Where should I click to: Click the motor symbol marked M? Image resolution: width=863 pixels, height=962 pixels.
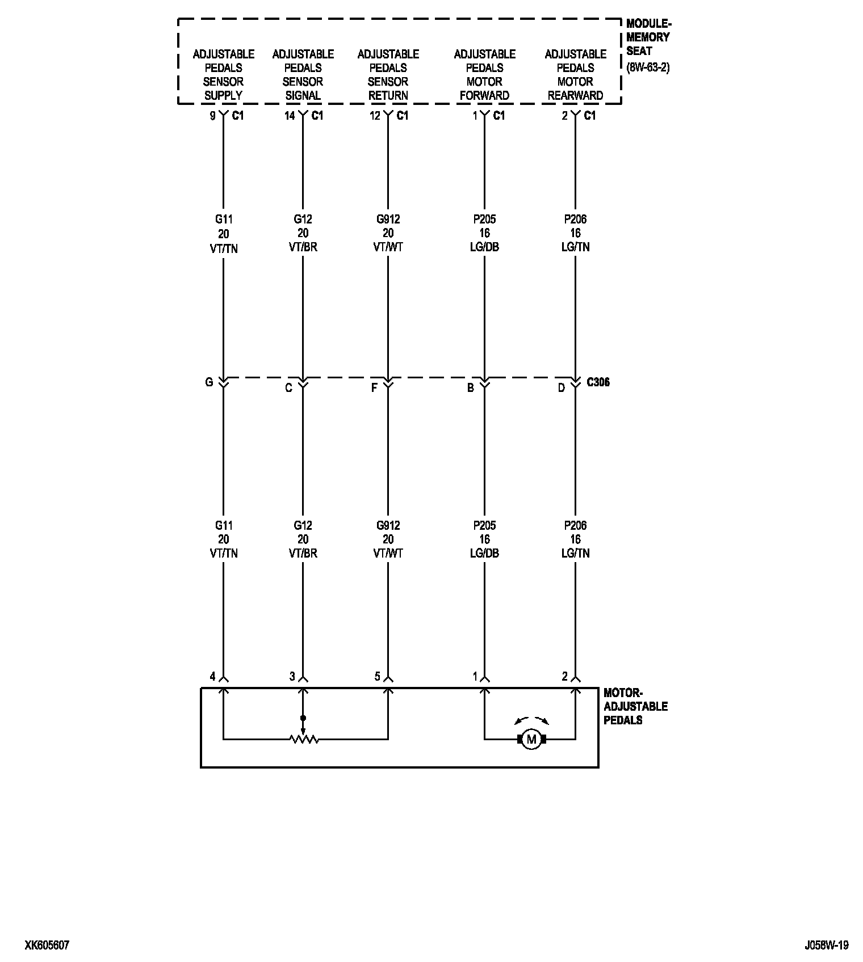click(531, 739)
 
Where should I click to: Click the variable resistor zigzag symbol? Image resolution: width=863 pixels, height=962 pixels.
click(303, 739)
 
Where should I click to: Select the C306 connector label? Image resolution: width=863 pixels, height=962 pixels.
click(598, 382)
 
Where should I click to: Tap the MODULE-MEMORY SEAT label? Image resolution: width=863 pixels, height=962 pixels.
click(648, 37)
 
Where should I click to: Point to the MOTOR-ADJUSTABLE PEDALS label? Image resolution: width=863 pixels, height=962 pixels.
click(635, 706)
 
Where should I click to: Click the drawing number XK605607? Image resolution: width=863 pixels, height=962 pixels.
click(47, 945)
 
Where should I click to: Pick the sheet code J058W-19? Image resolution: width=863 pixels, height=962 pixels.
click(826, 945)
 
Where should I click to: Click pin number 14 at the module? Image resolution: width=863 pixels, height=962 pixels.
click(290, 116)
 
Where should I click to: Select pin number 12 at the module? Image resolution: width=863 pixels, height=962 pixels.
click(375, 116)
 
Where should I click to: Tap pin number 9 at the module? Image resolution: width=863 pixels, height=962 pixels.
click(213, 116)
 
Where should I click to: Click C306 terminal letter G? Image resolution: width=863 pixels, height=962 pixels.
click(209, 382)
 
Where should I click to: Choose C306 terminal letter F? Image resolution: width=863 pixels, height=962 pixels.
click(374, 388)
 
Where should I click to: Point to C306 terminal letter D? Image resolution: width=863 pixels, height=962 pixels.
click(561, 388)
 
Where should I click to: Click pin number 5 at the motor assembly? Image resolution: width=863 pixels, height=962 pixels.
click(377, 676)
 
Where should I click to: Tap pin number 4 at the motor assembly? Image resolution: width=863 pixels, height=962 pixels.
click(213, 676)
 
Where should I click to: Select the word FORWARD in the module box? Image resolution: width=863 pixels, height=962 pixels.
click(484, 95)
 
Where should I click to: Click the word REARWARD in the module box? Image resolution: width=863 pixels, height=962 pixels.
click(575, 95)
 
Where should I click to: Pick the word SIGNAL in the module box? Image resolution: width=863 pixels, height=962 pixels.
click(303, 95)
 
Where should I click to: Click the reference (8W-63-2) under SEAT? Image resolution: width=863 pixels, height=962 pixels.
click(648, 67)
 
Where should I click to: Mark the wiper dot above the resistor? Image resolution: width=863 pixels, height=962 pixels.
click(303, 718)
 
